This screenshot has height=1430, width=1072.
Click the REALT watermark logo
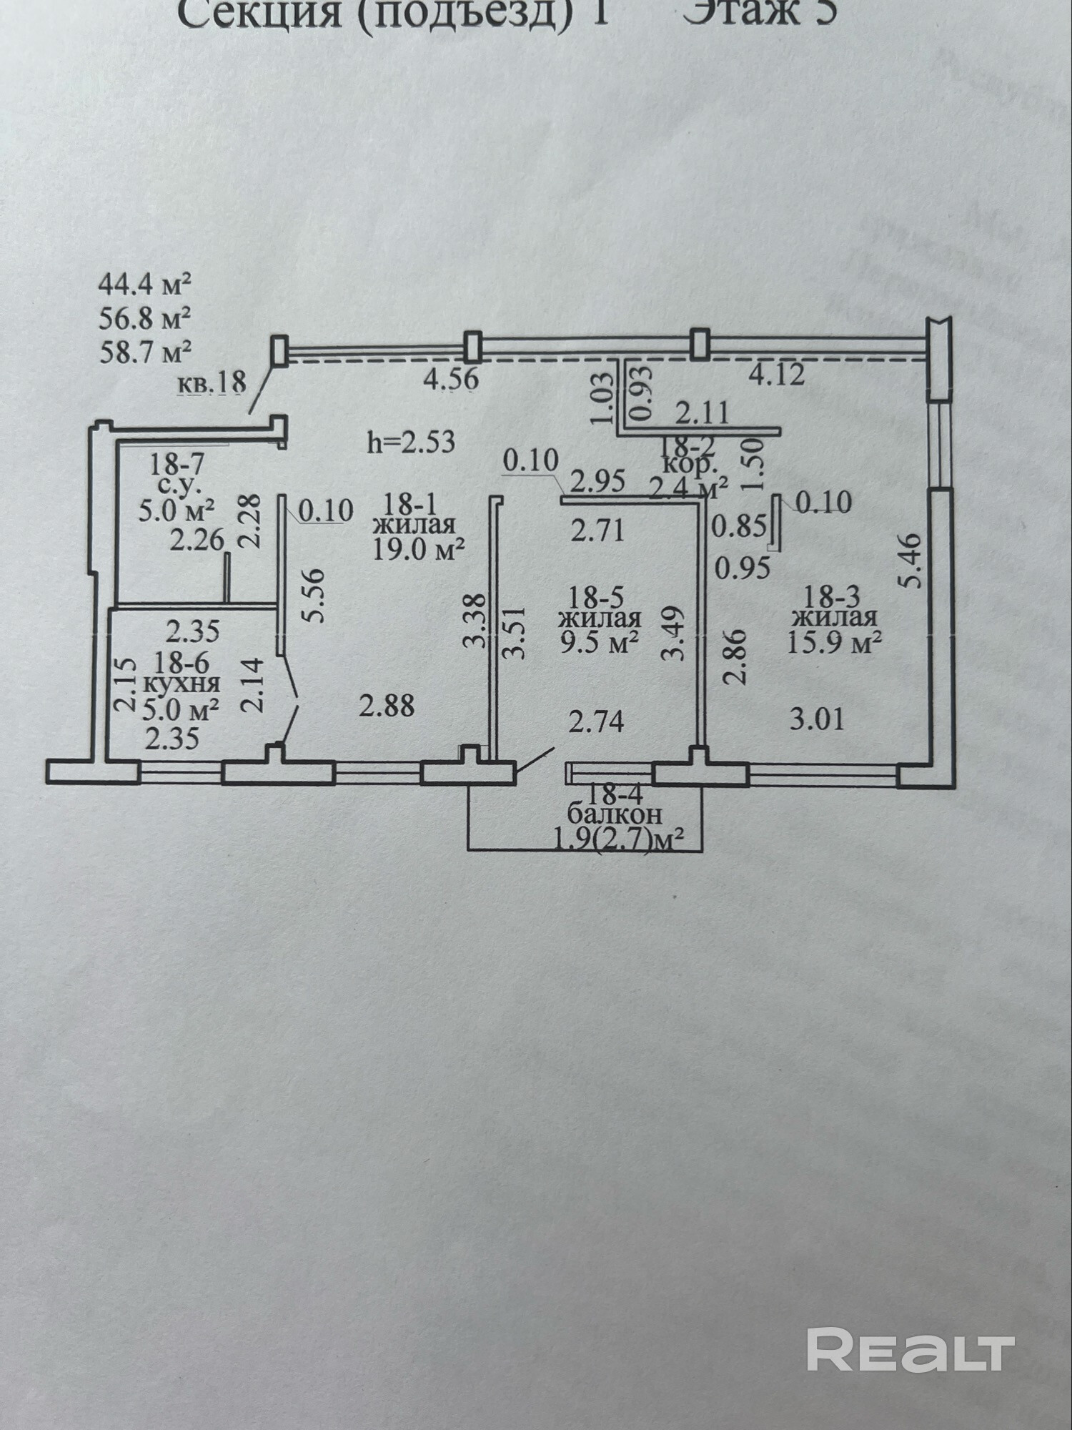click(910, 1348)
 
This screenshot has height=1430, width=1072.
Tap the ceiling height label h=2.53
click(411, 442)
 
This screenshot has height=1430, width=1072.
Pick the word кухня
click(182, 684)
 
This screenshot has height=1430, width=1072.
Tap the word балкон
click(614, 814)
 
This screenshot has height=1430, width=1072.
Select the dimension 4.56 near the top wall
click(450, 378)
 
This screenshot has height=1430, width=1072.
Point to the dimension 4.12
click(776, 374)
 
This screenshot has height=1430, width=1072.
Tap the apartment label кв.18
click(211, 384)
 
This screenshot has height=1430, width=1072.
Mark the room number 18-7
click(176, 464)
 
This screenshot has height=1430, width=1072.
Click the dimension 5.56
click(314, 596)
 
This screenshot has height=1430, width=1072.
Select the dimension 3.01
click(817, 718)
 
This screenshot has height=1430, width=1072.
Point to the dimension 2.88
click(387, 706)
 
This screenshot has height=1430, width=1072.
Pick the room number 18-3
click(832, 596)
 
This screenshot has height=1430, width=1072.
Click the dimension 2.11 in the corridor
click(703, 413)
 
